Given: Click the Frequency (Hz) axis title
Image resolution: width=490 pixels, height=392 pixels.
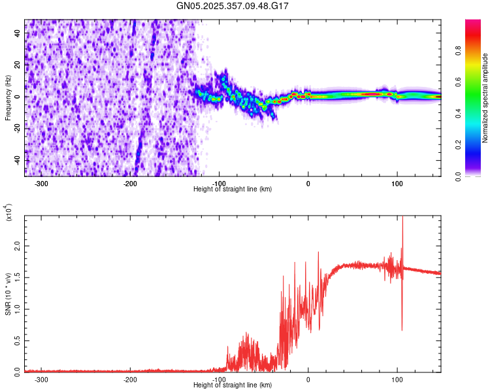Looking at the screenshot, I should (8, 98).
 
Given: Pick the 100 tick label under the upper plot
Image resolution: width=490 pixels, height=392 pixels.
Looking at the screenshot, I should (397, 183).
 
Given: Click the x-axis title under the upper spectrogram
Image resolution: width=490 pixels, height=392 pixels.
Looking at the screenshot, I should (233, 189).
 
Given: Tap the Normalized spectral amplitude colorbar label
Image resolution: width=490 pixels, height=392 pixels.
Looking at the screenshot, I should (485, 98).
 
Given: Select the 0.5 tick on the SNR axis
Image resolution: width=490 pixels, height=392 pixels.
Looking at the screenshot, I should (18, 340).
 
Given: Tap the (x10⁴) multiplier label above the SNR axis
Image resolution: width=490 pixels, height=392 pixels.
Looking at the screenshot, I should (8, 213).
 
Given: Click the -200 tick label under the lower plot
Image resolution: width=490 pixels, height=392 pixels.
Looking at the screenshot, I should (130, 379).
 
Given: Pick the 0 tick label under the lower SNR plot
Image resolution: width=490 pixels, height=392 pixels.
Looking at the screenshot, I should (308, 379).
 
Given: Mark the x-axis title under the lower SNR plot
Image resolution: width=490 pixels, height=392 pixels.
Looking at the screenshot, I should (233, 385).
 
